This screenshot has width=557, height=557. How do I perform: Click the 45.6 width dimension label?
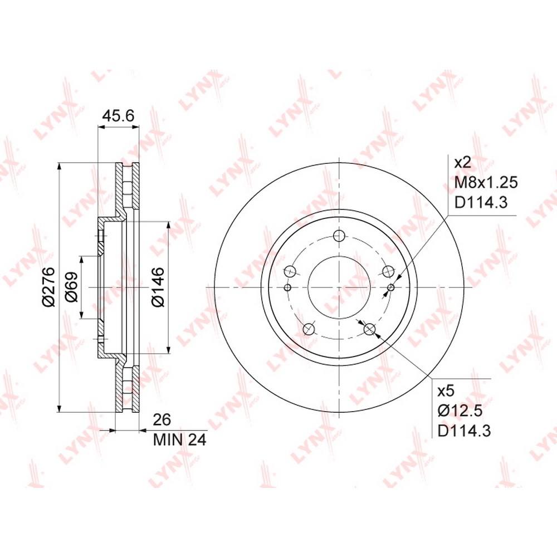click(x=118, y=116)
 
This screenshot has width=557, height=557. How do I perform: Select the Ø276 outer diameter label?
click(x=48, y=286)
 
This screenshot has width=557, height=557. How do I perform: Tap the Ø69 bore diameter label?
click(x=72, y=287)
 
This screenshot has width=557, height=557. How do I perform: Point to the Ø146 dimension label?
click(x=158, y=287)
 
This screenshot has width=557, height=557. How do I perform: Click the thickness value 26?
click(x=162, y=419)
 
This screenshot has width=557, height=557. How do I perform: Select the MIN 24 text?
click(x=180, y=440)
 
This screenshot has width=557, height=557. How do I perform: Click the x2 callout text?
click(x=463, y=163)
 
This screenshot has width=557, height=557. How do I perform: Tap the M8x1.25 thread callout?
click(x=486, y=183)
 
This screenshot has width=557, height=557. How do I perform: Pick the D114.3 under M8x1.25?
click(x=481, y=203)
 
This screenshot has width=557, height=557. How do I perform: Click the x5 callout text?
click(x=446, y=391)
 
